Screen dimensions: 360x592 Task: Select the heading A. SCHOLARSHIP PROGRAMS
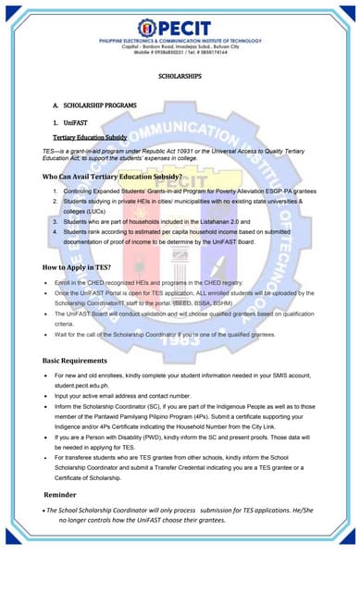click(x=94, y=106)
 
